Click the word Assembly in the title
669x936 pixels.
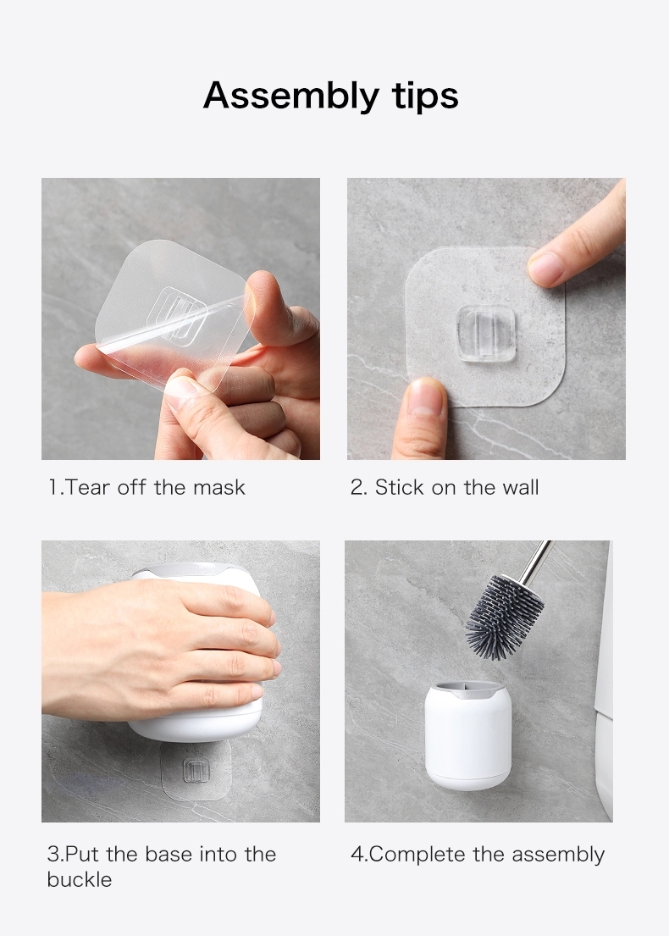pyautogui.click(x=291, y=96)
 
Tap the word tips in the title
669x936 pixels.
pyautogui.click(x=425, y=96)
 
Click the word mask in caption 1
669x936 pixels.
pyautogui.click(x=219, y=488)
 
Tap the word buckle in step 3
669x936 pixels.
pyautogui.click(x=80, y=879)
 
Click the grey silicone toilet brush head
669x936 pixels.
pyautogui.click(x=504, y=617)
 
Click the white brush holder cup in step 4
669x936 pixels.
pyautogui.click(x=467, y=735)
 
